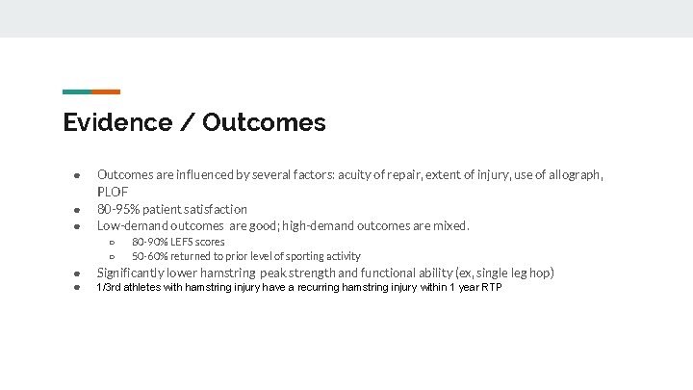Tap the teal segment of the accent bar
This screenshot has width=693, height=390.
77,91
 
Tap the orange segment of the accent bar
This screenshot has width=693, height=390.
106,91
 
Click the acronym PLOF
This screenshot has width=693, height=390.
113,192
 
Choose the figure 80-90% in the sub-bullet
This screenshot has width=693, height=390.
148,242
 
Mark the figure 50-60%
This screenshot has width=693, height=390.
148,256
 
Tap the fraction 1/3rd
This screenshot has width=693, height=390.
110,288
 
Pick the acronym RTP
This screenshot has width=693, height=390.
490,288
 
